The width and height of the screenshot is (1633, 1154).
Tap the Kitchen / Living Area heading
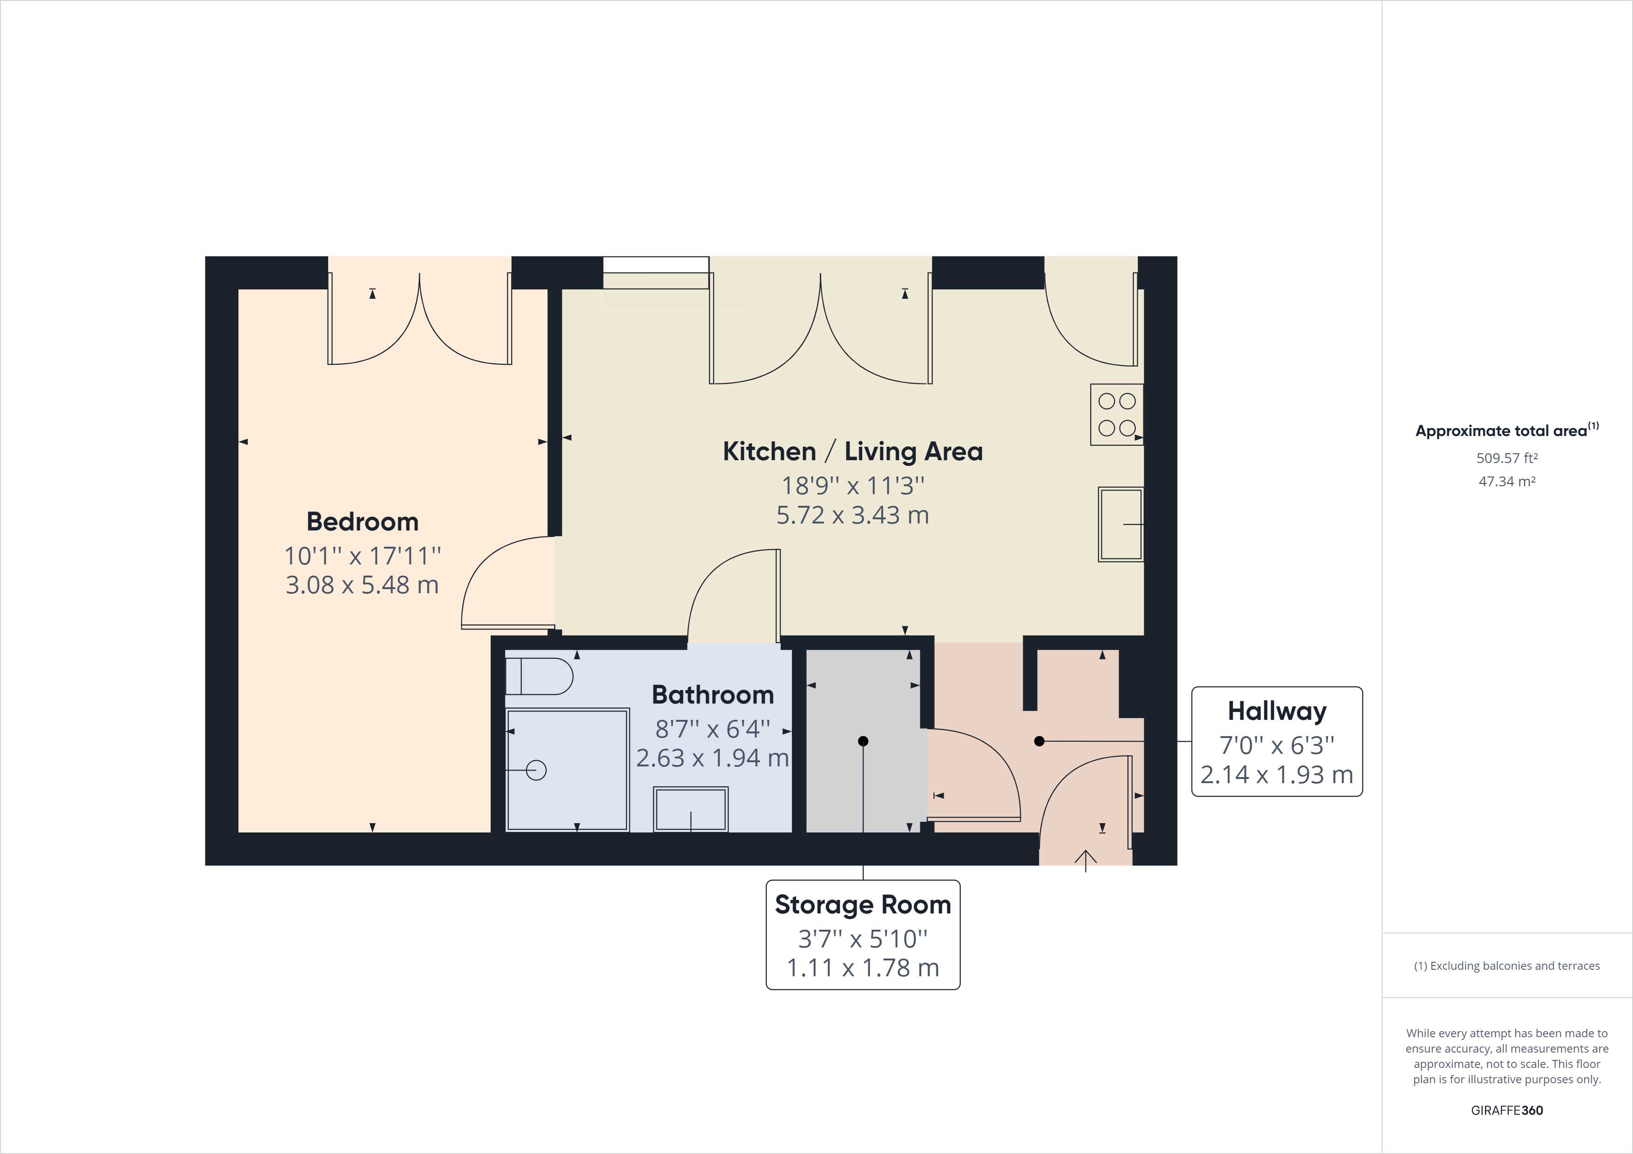pyautogui.click(x=853, y=451)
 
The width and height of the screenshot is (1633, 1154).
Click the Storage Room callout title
pyautogui.click(x=863, y=905)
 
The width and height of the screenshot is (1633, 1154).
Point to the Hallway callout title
pyautogui.click(x=1277, y=711)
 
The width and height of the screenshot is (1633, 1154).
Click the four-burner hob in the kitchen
pyautogui.click(x=1117, y=415)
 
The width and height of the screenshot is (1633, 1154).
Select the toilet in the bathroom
pyautogui.click(x=539, y=676)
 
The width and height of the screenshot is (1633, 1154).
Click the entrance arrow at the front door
pyautogui.click(x=1086, y=860)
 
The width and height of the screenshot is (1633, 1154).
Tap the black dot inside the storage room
pyautogui.click(x=864, y=741)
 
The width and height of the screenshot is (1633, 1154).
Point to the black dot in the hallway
pyautogui.click(x=1039, y=741)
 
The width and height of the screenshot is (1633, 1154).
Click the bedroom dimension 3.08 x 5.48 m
pyautogui.click(x=362, y=584)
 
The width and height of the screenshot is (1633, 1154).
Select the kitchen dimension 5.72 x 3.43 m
pyautogui.click(x=853, y=515)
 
